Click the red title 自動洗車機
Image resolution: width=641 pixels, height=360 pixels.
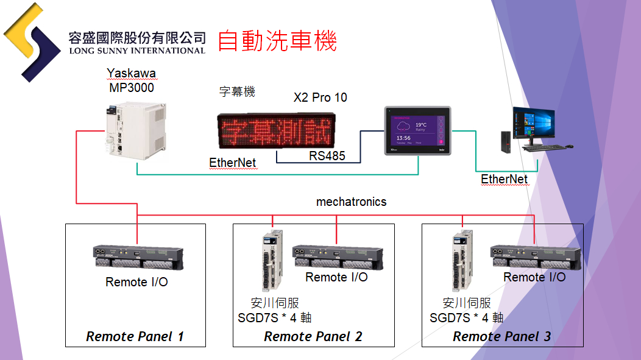click(x=277, y=41)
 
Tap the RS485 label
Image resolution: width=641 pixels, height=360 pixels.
click(x=327, y=156)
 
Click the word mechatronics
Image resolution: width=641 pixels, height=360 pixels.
click(x=351, y=202)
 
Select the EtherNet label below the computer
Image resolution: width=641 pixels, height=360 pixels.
click(x=504, y=179)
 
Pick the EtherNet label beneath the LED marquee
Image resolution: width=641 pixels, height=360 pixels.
click(x=232, y=163)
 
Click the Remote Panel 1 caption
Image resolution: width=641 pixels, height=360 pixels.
click(x=135, y=336)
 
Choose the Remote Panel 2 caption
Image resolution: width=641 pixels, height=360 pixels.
click(x=313, y=336)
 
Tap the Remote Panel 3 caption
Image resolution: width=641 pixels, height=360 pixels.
click(x=501, y=336)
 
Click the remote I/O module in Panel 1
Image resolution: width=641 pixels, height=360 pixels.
click(x=137, y=258)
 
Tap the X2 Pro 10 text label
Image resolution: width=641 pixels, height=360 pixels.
click(x=320, y=97)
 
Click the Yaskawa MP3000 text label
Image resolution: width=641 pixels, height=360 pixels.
click(x=131, y=80)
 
